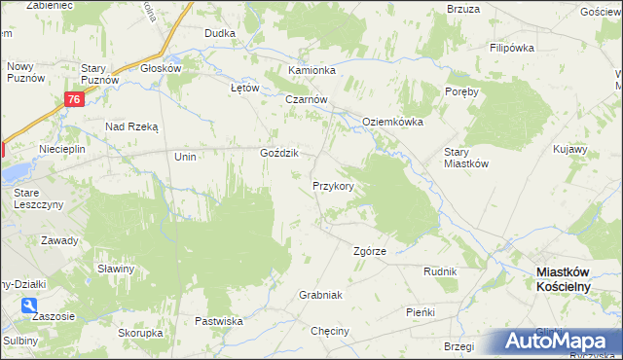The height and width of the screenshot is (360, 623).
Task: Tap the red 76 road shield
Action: coord(76,99)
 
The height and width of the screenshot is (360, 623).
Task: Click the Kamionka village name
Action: coord(311,71)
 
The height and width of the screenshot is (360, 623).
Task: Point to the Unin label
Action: coord(185,157)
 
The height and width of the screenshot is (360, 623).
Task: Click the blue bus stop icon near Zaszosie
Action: coord(32,306)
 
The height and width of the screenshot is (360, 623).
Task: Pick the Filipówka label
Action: coord(514,48)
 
